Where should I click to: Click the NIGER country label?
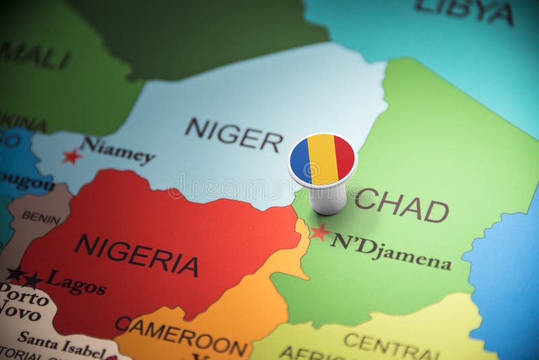click(x=234, y=134)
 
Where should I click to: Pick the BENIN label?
click(x=40, y=216)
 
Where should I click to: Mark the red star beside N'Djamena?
click(x=320, y=232)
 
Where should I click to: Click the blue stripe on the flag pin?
click(x=300, y=160)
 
